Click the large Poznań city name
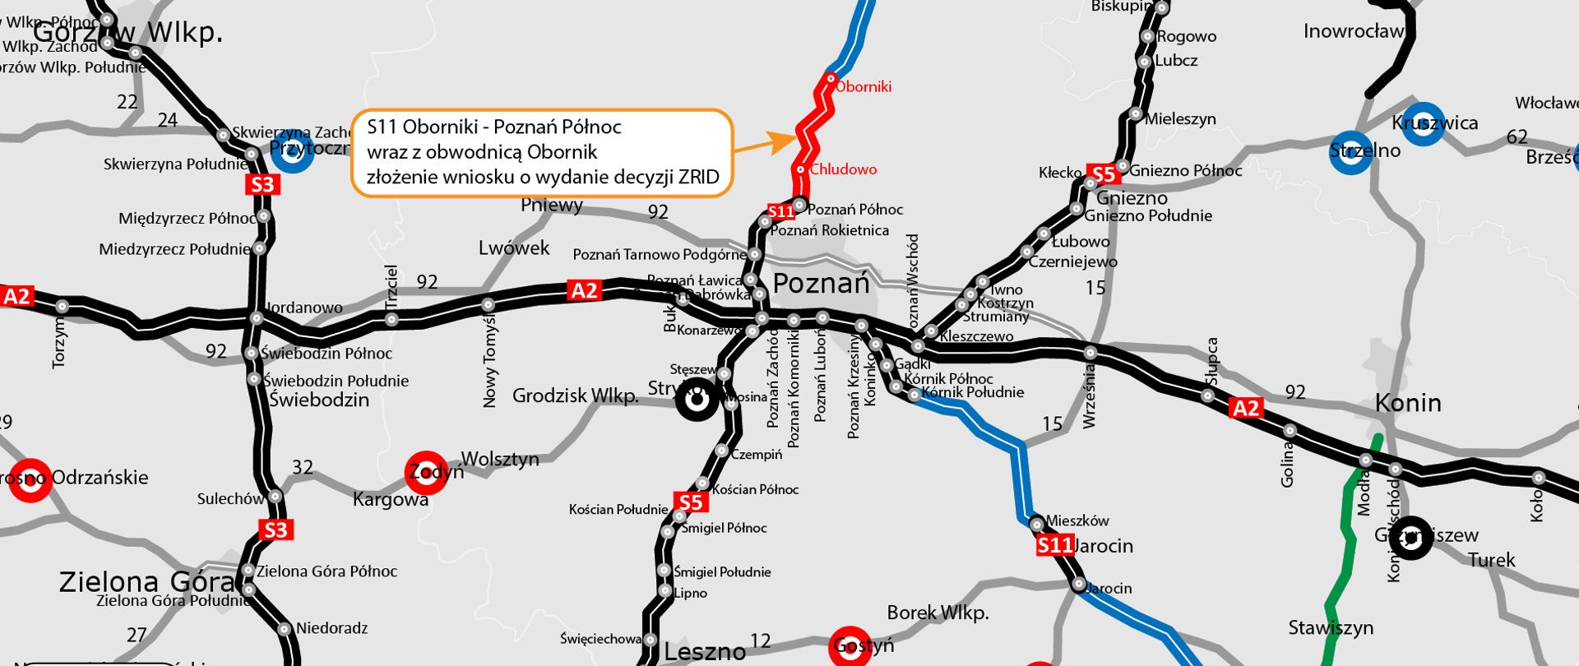(x=821, y=284)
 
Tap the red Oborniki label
(x=864, y=86)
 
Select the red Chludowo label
(x=843, y=169)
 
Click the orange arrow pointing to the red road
(x=757, y=146)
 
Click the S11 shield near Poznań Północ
(x=780, y=211)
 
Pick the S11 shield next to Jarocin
(x=1055, y=544)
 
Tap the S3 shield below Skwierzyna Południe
(x=262, y=184)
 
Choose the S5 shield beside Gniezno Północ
(x=1103, y=174)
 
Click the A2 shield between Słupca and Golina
(x=1245, y=407)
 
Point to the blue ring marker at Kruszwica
(x=1424, y=123)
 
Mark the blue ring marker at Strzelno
(x=1352, y=152)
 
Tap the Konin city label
(x=1408, y=403)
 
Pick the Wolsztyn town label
(x=500, y=459)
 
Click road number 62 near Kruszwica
(x=1516, y=136)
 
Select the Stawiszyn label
(x=1331, y=628)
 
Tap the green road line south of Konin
(x=1345, y=534)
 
